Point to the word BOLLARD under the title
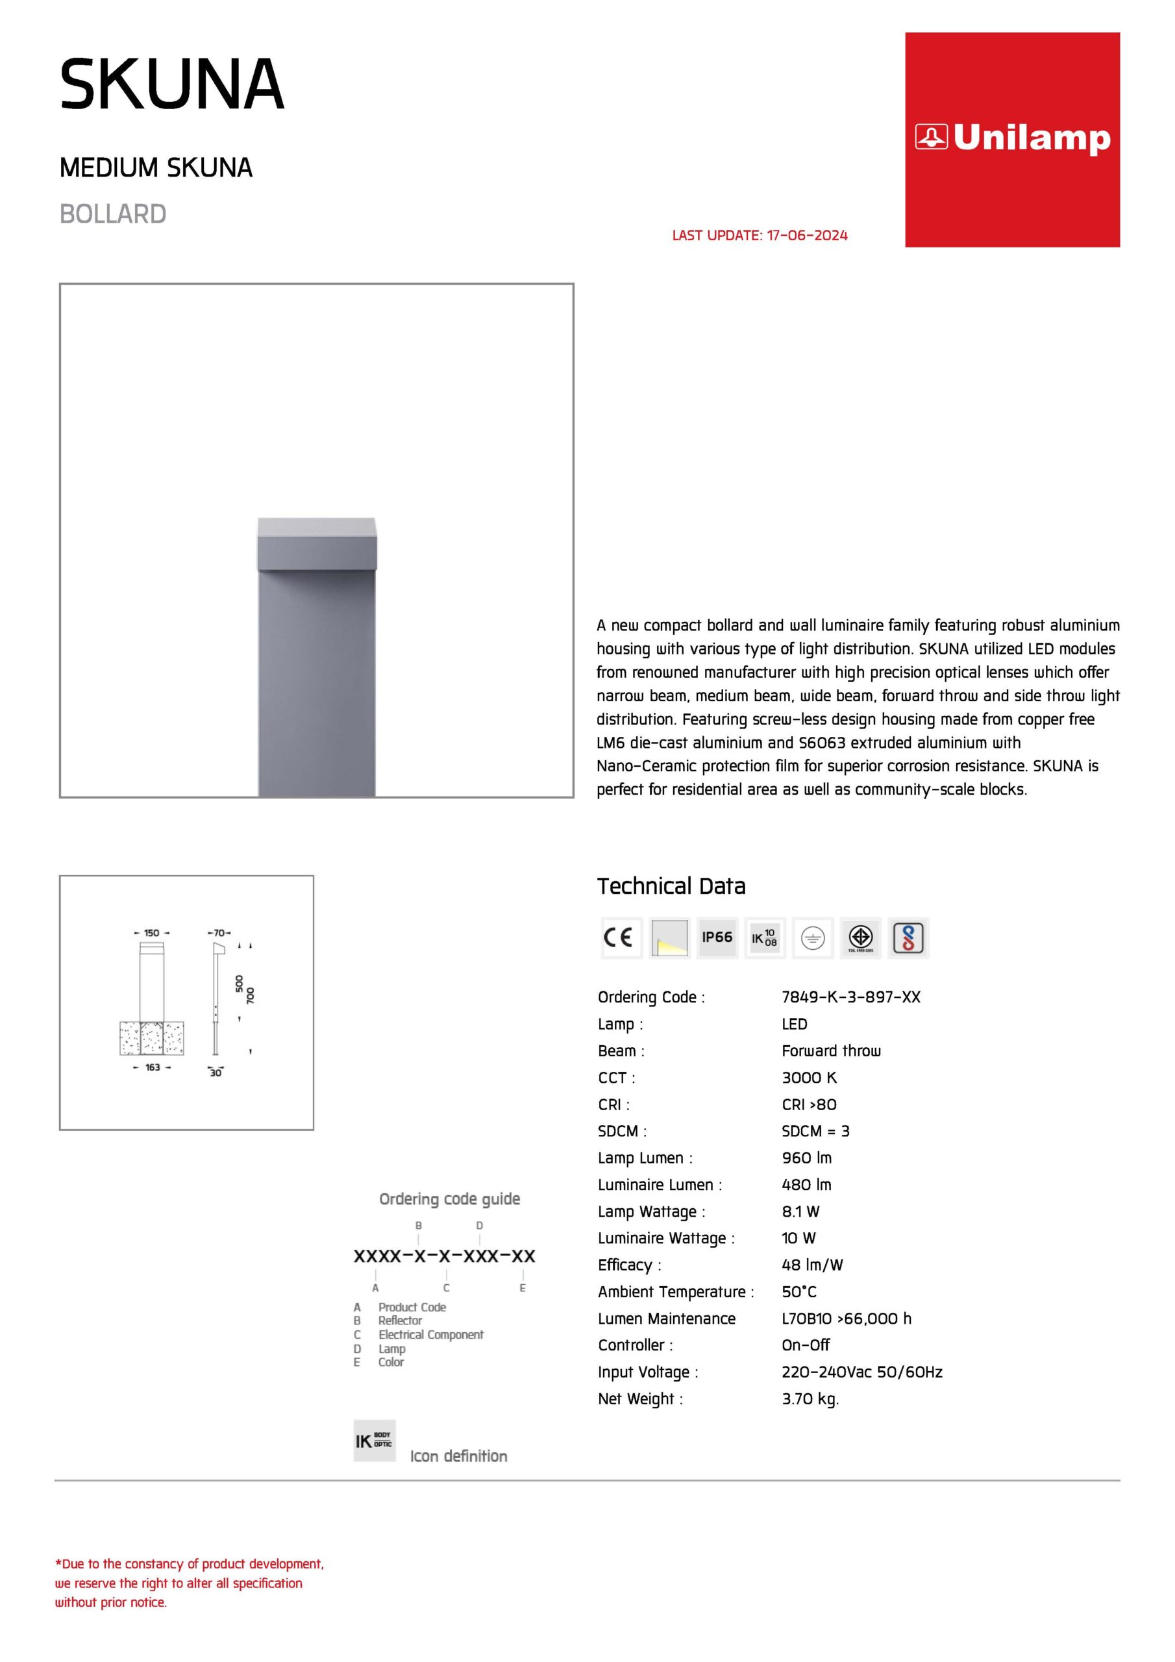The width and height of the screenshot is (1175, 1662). coord(113,214)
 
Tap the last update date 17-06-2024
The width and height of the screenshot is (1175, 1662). coord(806,235)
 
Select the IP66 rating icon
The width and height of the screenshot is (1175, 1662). coord(717,937)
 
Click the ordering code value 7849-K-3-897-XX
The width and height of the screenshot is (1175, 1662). coord(850,997)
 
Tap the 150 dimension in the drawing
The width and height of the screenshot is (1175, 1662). coord(151,933)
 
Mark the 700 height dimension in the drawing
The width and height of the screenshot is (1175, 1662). coord(251,995)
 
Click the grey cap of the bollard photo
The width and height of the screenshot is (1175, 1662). coord(316,543)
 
